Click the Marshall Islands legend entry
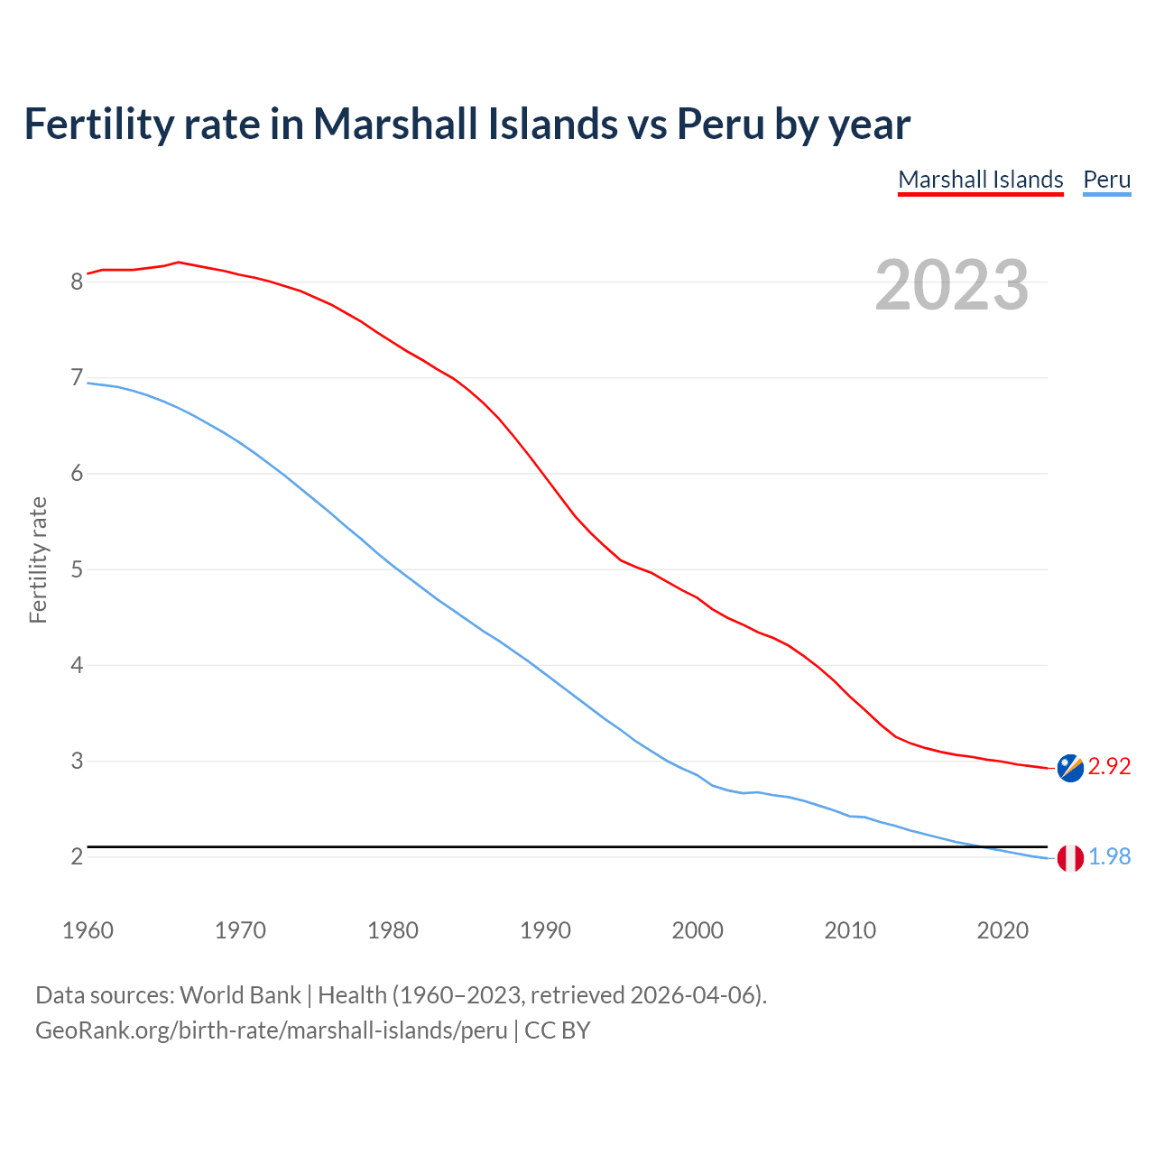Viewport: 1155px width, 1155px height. coord(981,180)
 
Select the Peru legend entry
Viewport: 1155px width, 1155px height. coord(1106,180)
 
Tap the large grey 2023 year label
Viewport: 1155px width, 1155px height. coord(952,285)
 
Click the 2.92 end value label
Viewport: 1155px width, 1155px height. coord(1109,766)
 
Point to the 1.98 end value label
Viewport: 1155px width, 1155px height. coord(1109,856)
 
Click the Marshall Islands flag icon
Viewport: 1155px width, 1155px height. coord(1070,768)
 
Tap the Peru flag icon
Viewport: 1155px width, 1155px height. coord(1070,858)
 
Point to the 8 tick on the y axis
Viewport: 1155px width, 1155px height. coord(77,282)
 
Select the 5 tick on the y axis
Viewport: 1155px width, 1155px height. coord(77,569)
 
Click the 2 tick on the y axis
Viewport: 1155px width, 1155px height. coord(77,856)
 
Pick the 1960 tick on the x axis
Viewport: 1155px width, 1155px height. coord(88,930)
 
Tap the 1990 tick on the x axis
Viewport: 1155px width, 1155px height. coord(545,930)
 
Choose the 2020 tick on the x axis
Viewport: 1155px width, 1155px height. coord(1003,930)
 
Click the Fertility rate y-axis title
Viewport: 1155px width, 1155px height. coord(38,559)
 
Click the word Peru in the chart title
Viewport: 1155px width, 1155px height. coord(720,124)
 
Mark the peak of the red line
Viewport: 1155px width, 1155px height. coord(179,262)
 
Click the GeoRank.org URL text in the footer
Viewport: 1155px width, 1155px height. coord(271,1030)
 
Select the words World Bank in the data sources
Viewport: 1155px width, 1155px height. coord(240,995)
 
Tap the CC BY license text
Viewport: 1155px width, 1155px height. coord(558,1030)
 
